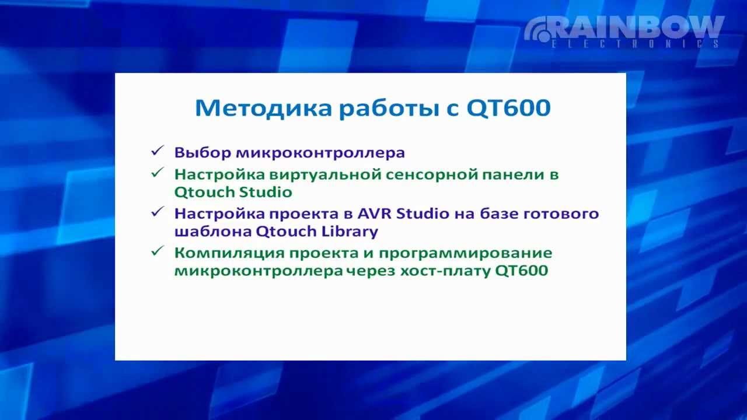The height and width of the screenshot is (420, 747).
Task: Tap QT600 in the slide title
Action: click(508, 108)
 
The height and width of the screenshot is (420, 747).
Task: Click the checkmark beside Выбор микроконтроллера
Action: click(156, 151)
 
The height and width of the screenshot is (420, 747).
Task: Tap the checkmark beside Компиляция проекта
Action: click(156, 251)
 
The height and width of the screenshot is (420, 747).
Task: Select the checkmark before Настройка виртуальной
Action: click(156, 172)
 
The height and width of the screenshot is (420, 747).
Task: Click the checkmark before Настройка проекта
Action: click(156, 212)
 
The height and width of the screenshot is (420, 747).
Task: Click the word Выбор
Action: click(203, 153)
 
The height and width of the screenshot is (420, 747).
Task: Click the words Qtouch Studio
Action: click(233, 192)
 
